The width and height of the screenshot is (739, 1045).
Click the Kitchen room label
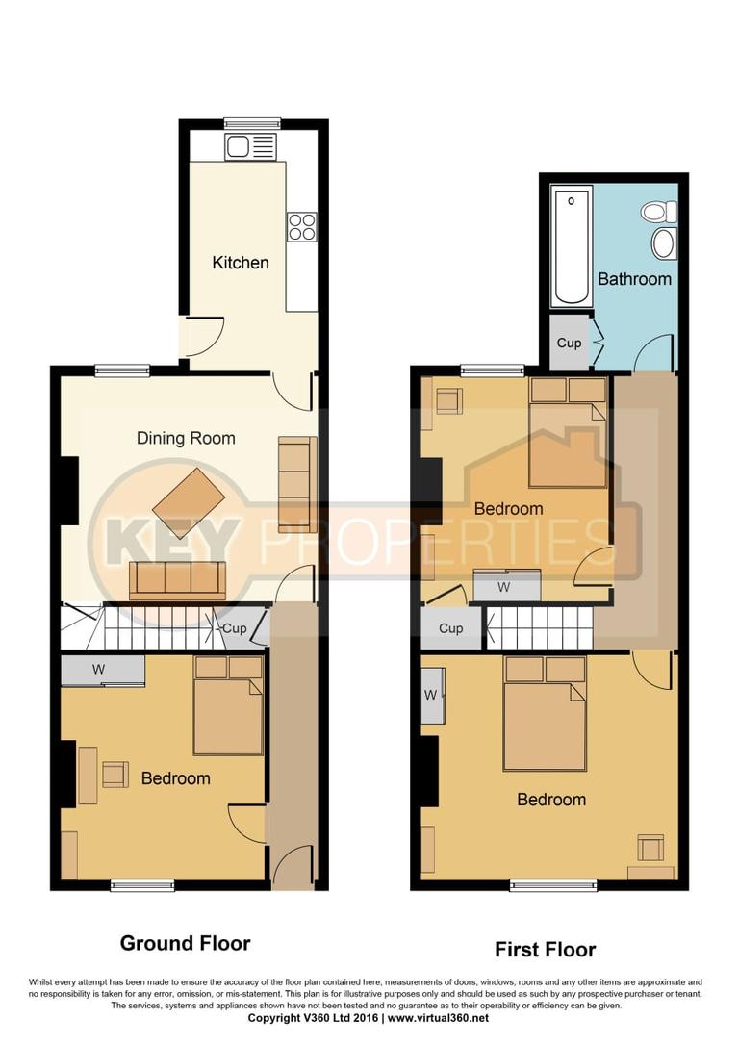coord(241,263)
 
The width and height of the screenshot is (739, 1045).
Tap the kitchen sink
coord(250,146)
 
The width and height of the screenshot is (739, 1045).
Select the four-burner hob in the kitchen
coord(301,226)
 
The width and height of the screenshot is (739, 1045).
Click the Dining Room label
coord(186,439)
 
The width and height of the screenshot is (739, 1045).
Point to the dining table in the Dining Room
coord(189,501)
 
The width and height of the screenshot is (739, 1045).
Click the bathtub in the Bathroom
coord(571,246)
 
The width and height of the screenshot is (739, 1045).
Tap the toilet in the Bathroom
coord(660,212)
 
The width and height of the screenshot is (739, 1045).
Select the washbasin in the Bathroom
coord(664,243)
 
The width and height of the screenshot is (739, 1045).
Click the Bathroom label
coord(634,279)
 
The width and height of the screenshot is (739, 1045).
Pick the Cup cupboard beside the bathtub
coord(569,342)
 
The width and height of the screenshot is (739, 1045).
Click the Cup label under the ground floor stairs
coord(235,629)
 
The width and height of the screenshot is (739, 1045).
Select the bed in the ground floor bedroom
coord(228,706)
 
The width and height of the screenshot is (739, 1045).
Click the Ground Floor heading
coord(185,943)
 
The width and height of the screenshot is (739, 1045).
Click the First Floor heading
coord(545,950)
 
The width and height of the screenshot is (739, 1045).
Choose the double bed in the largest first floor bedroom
coord(545,714)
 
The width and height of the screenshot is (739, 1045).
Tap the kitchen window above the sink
coord(252,123)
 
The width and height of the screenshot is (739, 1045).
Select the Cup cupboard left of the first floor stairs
coord(451,629)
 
